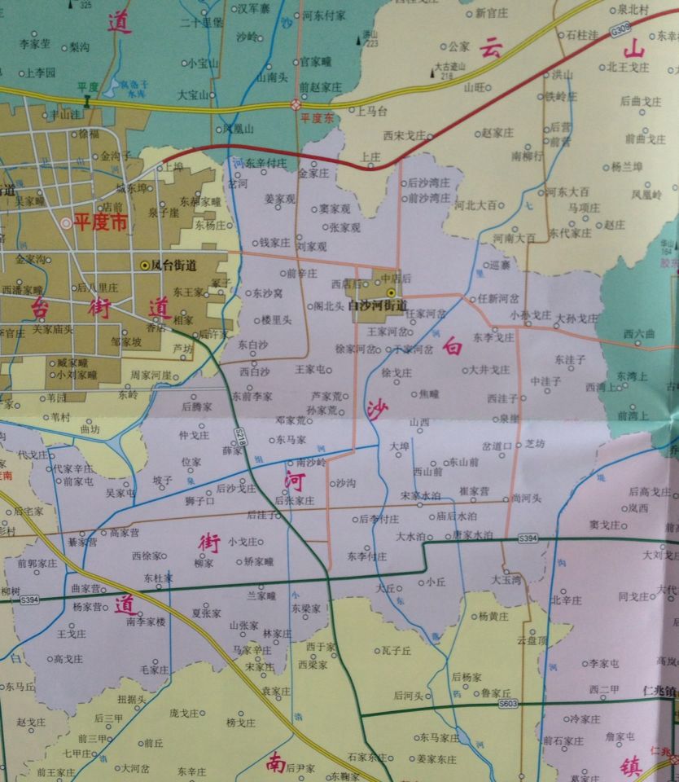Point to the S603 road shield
pos(508,702)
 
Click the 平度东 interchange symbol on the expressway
pos(296,105)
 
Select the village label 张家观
pos(344,227)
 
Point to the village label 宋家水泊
pos(420,495)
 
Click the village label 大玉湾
pos(506,580)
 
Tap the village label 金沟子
pos(115,155)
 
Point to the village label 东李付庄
pos(366,557)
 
